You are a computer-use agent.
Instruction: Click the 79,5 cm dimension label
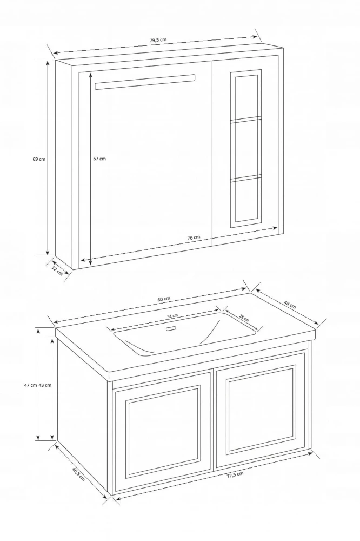(158, 40)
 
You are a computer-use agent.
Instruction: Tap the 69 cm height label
(39, 159)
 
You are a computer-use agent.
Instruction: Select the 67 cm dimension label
(99, 159)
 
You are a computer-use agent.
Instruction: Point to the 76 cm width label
(194, 237)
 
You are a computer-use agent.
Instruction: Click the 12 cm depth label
(57, 271)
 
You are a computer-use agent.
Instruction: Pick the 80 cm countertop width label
(164, 299)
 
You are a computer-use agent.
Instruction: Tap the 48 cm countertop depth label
(290, 305)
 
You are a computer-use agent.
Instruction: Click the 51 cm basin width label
(172, 316)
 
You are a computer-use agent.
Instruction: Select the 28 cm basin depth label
(244, 318)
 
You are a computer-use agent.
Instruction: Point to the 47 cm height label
(31, 385)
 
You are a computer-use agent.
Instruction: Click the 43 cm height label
(45, 385)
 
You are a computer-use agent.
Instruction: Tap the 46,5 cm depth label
(78, 474)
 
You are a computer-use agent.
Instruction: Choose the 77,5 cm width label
(235, 475)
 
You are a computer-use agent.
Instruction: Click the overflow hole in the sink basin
(171, 329)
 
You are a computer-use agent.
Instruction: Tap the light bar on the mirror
(145, 82)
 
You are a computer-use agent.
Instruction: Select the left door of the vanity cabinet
(162, 432)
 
